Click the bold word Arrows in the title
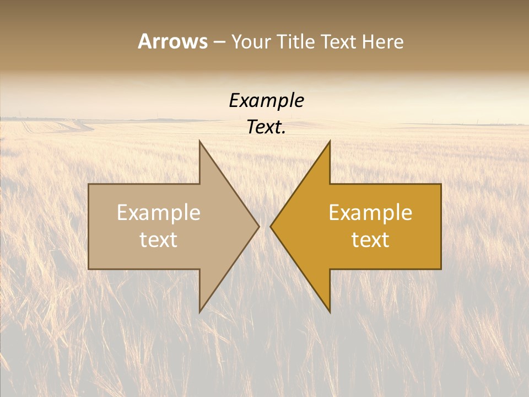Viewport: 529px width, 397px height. point(172,41)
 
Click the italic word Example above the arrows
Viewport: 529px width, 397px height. point(266,100)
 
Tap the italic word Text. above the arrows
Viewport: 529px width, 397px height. point(266,127)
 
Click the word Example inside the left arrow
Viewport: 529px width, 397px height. point(159,212)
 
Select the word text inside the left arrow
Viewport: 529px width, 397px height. point(159,239)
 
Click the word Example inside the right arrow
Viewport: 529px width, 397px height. point(370,212)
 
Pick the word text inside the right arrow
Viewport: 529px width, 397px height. point(370,239)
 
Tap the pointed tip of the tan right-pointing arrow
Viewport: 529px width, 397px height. point(259,226)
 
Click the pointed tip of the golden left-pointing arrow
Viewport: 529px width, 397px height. point(271,226)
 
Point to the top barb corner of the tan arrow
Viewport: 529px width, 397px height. point(199,141)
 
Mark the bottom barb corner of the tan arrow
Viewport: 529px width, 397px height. point(199,312)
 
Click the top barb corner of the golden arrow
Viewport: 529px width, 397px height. point(330,141)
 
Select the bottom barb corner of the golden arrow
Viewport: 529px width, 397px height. point(330,312)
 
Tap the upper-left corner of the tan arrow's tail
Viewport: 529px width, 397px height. point(89,184)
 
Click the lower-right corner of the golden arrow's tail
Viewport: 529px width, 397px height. point(441,269)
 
